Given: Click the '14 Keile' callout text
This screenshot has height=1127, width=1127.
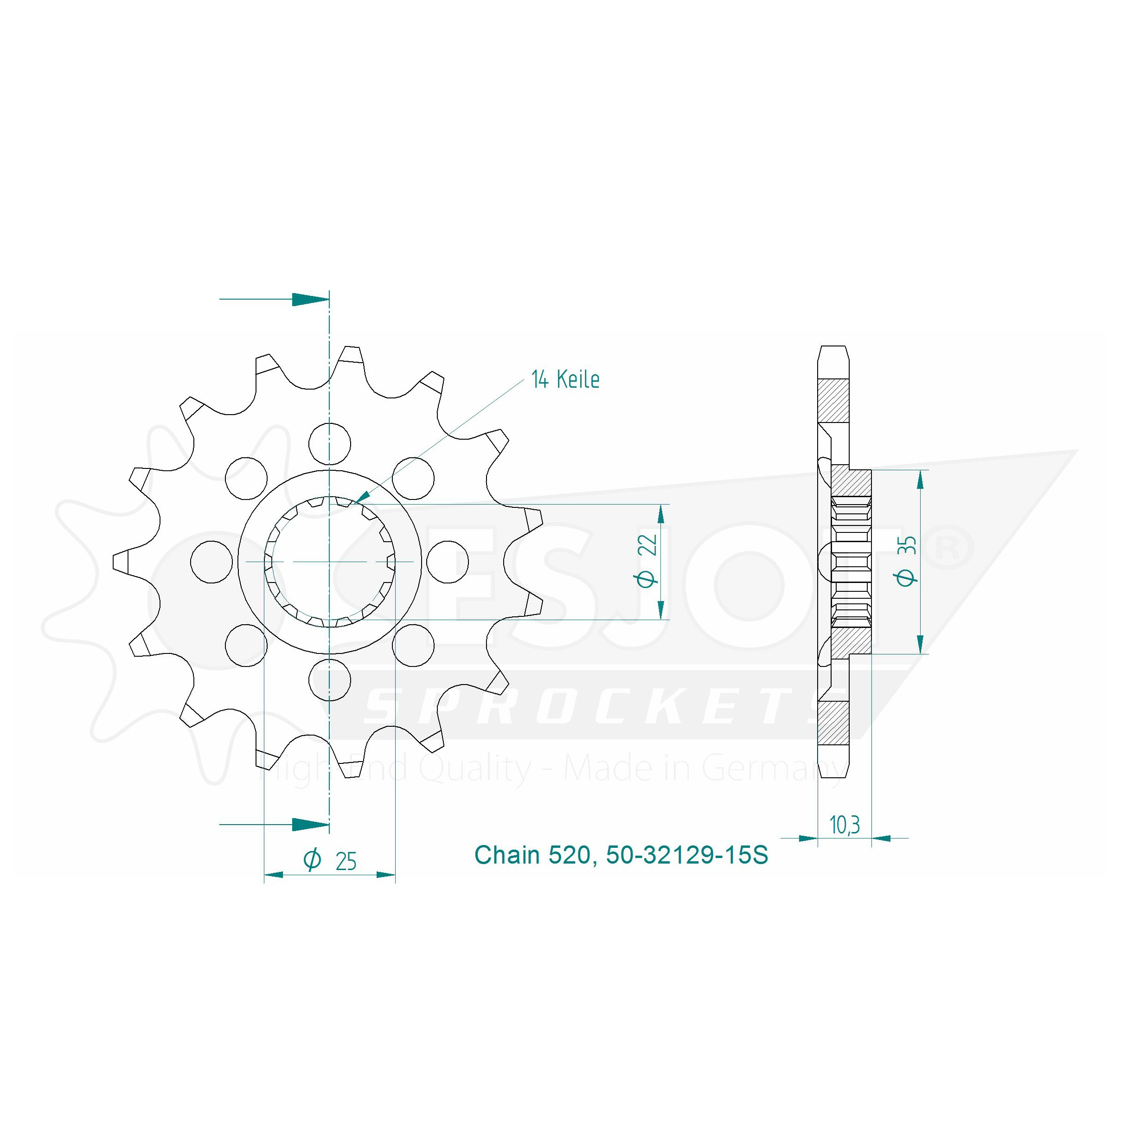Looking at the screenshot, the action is [x=565, y=379].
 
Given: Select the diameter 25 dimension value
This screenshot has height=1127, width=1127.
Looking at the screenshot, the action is [x=346, y=861].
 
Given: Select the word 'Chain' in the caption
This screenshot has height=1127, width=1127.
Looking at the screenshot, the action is [x=507, y=855].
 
